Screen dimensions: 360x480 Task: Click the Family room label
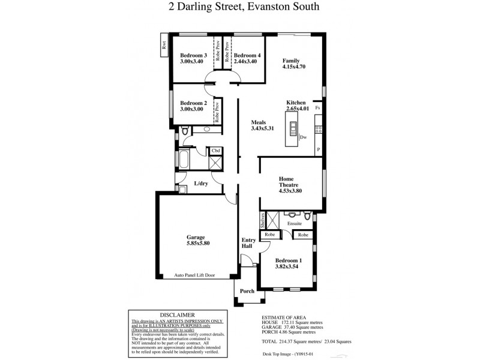coord(291,61)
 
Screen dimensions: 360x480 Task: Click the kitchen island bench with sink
coord(294,131)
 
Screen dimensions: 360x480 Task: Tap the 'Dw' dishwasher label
coord(304,137)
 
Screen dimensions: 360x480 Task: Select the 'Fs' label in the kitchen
coord(317,108)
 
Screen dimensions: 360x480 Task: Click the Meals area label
coord(259,122)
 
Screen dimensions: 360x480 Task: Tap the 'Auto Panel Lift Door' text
coord(194,275)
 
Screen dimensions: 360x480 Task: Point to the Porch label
coord(247,291)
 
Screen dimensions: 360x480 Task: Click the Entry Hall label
coord(248,243)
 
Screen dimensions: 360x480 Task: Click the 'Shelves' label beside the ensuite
coord(263,220)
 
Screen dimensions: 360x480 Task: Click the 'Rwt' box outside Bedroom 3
coord(163,47)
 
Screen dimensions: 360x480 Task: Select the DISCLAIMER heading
coord(178,314)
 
